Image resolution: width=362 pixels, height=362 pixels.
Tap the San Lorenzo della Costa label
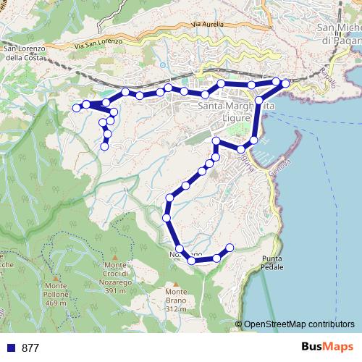tap(24, 54)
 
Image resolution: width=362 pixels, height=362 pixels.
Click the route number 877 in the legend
tap(30, 348)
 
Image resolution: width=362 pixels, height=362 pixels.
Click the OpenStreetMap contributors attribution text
tap(299, 324)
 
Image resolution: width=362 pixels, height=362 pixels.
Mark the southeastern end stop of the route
tap(230, 248)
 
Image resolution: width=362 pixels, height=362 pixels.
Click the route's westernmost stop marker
tap(76, 108)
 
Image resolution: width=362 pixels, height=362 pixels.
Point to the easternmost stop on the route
tap(285, 84)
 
